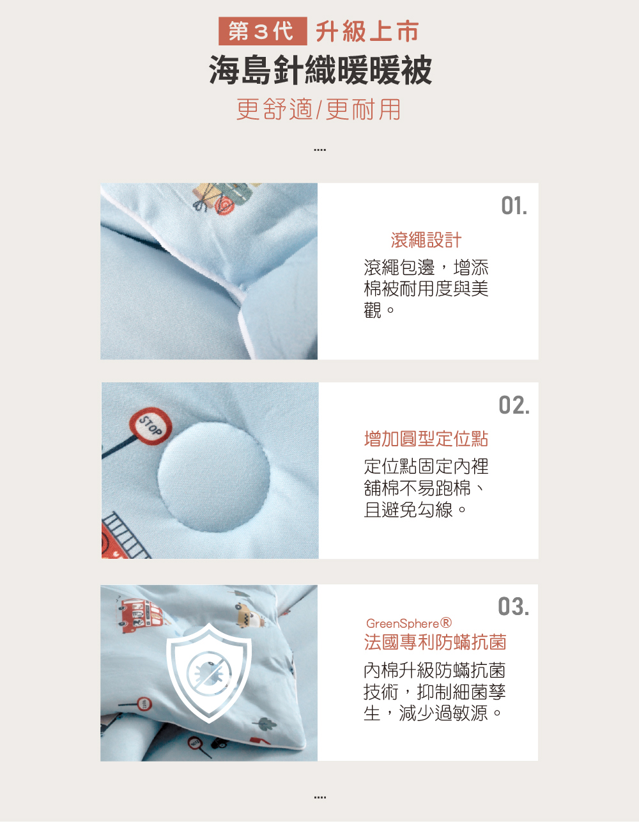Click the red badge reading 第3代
pyautogui.click(x=263, y=31)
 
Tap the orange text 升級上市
pyautogui.click(x=367, y=31)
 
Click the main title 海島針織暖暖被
pyautogui.click(x=320, y=70)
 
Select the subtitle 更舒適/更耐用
pyautogui.click(x=318, y=109)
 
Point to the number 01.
pyautogui.click(x=514, y=206)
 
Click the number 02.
pyautogui.click(x=514, y=405)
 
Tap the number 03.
pyautogui.click(x=514, y=606)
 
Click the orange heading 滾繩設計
pyautogui.click(x=426, y=240)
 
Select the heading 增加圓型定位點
pyautogui.click(x=426, y=439)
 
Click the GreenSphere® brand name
pyautogui.click(x=408, y=624)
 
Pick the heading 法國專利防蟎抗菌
pyautogui.click(x=435, y=643)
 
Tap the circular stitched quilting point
pyautogui.click(x=214, y=477)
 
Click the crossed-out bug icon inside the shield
pyautogui.click(x=209, y=673)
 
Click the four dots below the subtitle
pyautogui.click(x=320, y=150)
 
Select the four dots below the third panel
pyautogui.click(x=320, y=797)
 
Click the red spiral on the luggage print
pyautogui.click(x=225, y=205)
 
